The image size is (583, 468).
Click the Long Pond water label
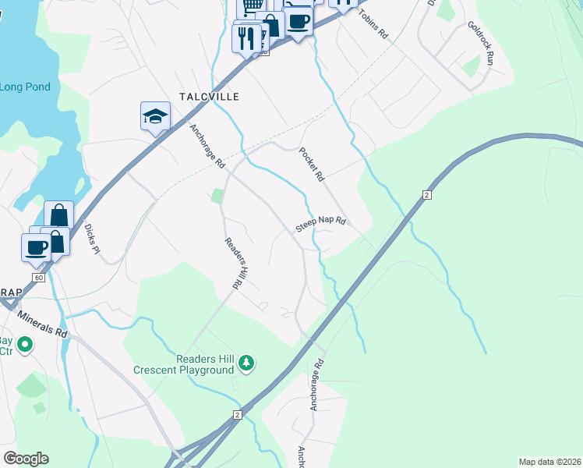click(x=25, y=87)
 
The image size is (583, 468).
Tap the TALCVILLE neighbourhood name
click(x=208, y=97)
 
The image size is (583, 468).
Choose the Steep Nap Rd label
click(x=320, y=225)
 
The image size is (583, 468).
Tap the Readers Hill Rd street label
click(x=231, y=264)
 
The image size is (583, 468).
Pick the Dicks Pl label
click(x=92, y=239)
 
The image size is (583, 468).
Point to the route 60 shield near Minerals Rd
click(x=37, y=278)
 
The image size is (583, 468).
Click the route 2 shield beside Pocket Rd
click(x=426, y=193)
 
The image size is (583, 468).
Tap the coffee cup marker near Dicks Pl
click(x=36, y=247)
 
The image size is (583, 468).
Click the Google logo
click(x=26, y=459)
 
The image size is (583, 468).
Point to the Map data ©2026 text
click(x=549, y=462)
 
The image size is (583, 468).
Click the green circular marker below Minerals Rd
click(x=25, y=343)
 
